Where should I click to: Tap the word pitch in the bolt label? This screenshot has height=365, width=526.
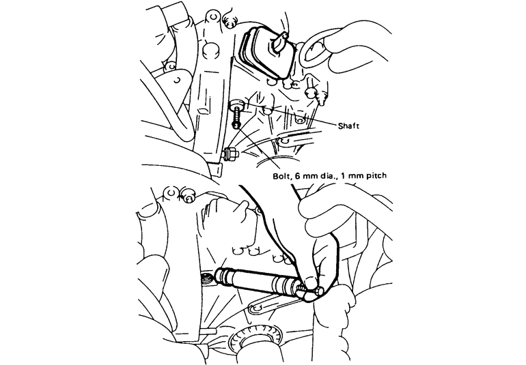(x=375, y=176)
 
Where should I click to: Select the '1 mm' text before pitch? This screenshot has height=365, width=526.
(x=350, y=176)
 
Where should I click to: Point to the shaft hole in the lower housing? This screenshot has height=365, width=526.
(x=205, y=278)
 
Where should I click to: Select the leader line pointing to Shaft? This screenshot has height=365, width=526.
(x=307, y=121)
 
